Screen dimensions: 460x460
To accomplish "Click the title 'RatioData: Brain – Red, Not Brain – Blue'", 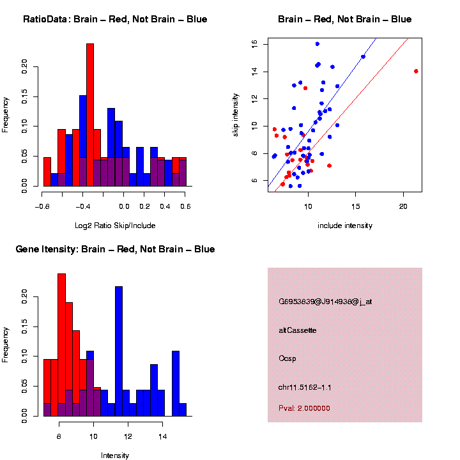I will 115,19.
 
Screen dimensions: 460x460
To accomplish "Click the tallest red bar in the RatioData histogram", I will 90,115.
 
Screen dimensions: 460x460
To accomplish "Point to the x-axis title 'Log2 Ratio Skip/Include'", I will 115,225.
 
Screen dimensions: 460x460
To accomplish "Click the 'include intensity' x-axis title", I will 345,225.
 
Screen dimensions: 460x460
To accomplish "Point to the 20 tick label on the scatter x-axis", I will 403,206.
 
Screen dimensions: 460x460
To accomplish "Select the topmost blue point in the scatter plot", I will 318,44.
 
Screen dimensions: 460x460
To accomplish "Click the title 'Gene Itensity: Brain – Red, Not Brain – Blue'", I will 115,249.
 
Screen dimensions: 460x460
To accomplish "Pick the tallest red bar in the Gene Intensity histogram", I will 62,345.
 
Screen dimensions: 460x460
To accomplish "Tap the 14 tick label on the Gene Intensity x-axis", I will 163,436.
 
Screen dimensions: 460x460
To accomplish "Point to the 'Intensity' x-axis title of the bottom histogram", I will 115,456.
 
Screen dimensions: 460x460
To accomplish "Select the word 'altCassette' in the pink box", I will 298,330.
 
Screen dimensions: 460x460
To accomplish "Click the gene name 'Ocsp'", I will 287,358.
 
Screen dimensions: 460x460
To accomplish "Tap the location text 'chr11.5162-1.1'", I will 305,387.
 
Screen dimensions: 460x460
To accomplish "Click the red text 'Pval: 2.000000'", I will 304,408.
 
